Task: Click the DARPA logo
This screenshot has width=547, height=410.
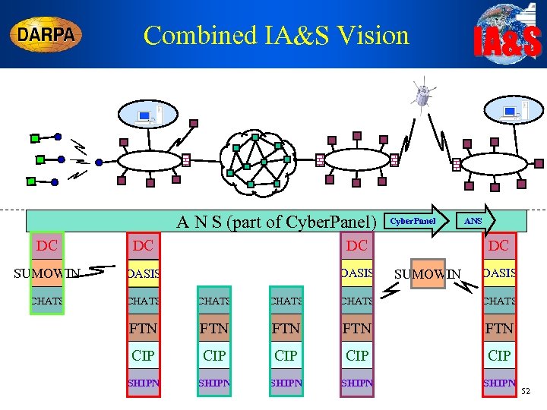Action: coord(46,35)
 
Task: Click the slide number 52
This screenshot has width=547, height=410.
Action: coord(528,391)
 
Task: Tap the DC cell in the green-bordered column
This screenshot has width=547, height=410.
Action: coord(47,245)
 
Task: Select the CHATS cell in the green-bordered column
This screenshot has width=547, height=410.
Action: coord(47,301)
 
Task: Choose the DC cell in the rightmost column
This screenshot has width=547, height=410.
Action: coord(498,246)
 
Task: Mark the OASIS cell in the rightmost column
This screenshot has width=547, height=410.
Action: coord(499,273)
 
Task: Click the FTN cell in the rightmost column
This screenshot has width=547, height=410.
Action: coord(498,329)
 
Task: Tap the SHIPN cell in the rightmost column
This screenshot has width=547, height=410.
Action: coord(499,383)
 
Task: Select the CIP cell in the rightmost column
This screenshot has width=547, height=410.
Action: coord(498,355)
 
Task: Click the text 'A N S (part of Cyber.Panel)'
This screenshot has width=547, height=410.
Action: coord(277,222)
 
